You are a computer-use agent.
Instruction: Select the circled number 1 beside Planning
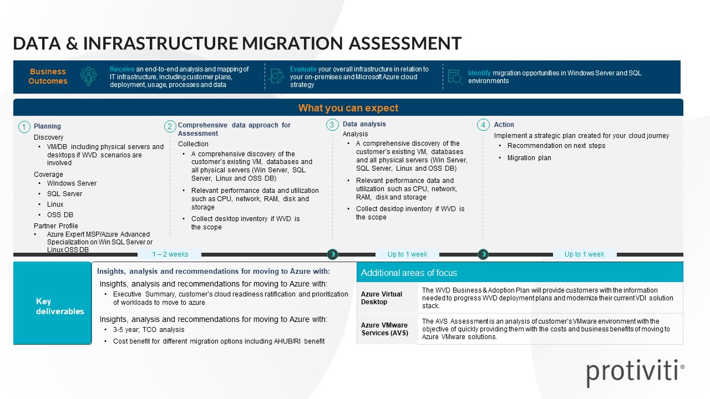pos(24,127)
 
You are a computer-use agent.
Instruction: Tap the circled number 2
pos(170,126)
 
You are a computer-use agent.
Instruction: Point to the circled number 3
pos(332,125)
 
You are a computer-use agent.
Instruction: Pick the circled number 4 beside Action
pos(483,125)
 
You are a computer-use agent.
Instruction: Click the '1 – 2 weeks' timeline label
pos(170,254)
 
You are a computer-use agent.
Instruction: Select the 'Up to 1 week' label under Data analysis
pos(407,254)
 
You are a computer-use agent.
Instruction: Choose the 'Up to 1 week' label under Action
pos(584,254)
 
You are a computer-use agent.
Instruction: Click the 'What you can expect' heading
pos(348,108)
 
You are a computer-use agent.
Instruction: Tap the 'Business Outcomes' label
pos(48,76)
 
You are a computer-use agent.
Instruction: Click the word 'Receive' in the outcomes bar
pos(122,69)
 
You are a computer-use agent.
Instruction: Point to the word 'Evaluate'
pos(303,69)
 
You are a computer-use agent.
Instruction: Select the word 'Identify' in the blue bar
pos(479,73)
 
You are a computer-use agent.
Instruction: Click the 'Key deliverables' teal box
pos(52,306)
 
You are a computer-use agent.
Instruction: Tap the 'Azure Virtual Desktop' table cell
pos(382,298)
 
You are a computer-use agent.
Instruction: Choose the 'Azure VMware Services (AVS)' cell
pos(384,329)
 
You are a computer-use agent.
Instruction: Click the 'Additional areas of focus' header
pos(409,273)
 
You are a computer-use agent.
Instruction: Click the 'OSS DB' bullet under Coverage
pos(60,215)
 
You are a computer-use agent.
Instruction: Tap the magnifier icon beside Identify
pos(455,77)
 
